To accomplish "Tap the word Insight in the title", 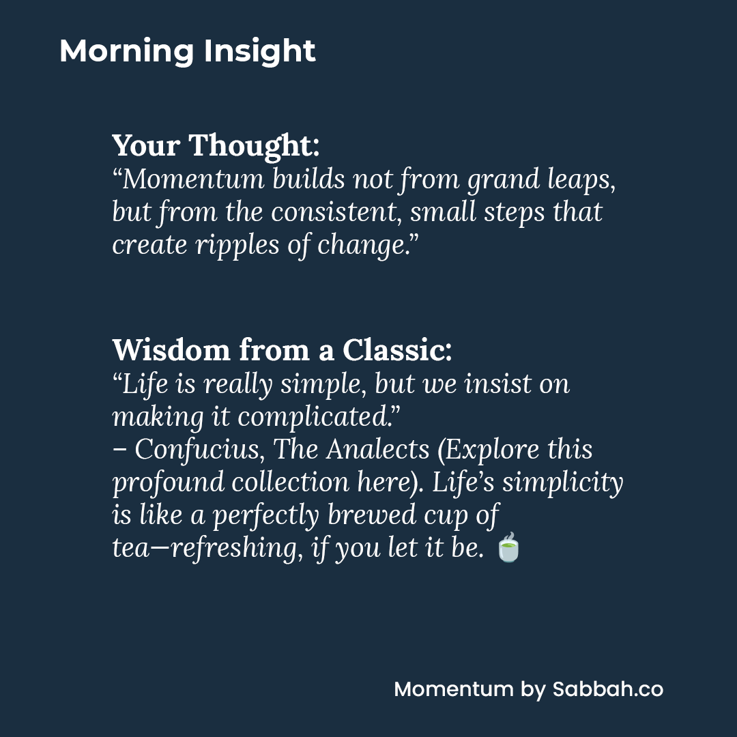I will coord(259,52).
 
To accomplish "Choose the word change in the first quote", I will coord(363,244).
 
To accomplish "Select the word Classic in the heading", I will coord(396,350).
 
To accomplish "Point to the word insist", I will coord(496,384).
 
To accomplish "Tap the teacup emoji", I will coord(508,548).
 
